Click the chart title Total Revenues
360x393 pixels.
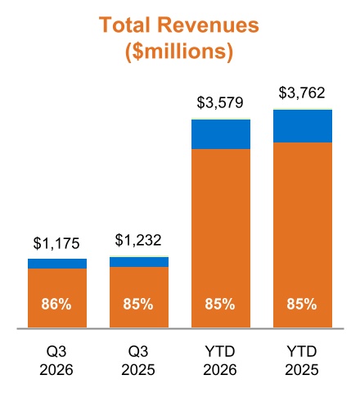click(x=178, y=25)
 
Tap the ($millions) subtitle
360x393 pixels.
click(x=179, y=51)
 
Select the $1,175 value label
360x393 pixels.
click(x=56, y=243)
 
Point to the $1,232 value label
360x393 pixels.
click(x=138, y=240)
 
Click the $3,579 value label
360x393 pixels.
click(x=220, y=102)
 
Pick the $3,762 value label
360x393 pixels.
click(x=302, y=93)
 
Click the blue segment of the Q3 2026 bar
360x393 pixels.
click(x=57, y=264)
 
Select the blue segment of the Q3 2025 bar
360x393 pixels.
click(x=139, y=262)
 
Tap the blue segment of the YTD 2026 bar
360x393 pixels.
click(x=221, y=134)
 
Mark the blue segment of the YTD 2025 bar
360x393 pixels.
click(x=303, y=126)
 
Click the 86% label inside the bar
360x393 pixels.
click(x=56, y=304)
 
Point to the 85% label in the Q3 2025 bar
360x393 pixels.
click(x=138, y=304)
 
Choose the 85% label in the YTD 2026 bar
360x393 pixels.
click(x=220, y=304)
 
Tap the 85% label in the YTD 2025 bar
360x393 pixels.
click(x=302, y=304)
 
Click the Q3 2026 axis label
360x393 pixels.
click(x=56, y=361)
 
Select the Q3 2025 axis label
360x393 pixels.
click(x=138, y=361)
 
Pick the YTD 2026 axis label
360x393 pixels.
click(x=220, y=361)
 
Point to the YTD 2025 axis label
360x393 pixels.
click(x=302, y=361)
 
